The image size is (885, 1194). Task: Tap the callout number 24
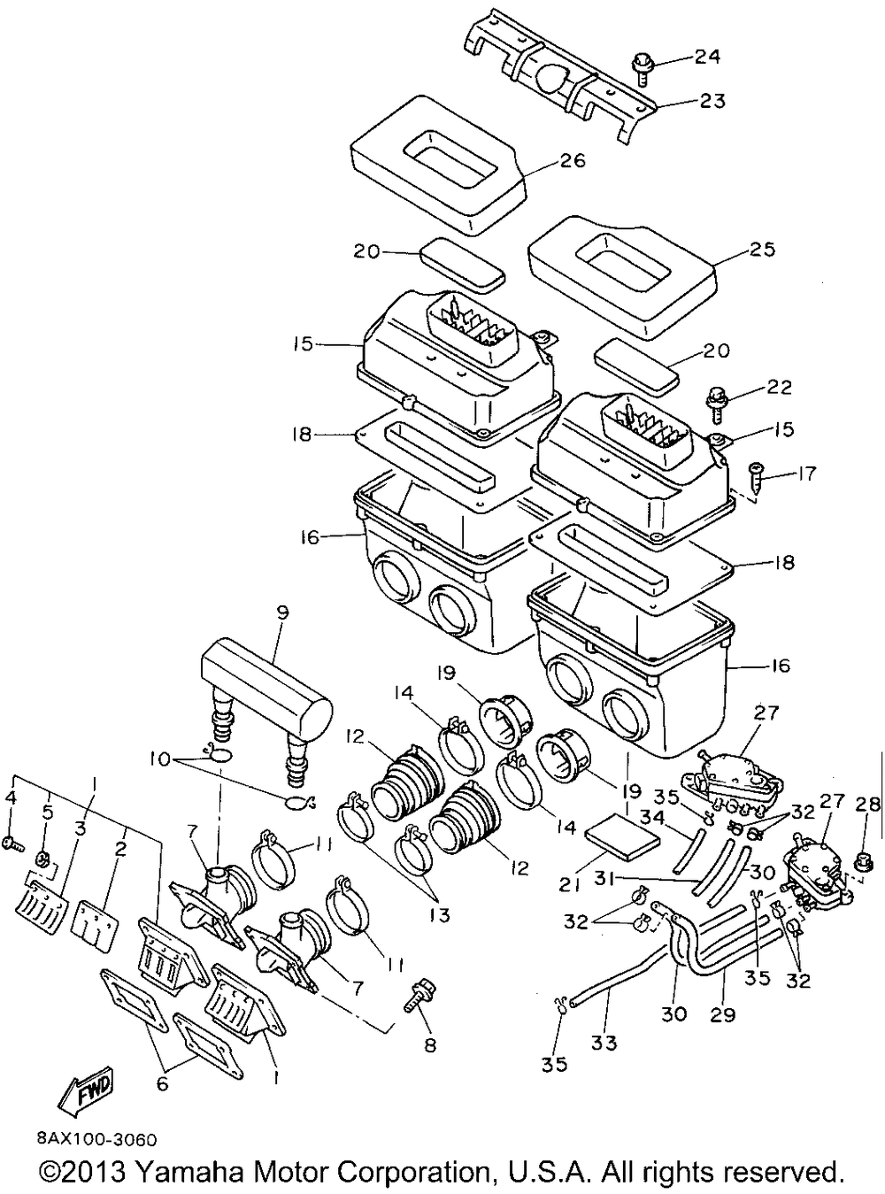click(x=707, y=58)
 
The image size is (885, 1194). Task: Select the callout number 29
click(x=723, y=1014)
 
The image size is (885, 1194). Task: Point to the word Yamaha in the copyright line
click(x=189, y=1173)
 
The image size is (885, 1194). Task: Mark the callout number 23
click(x=712, y=102)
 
